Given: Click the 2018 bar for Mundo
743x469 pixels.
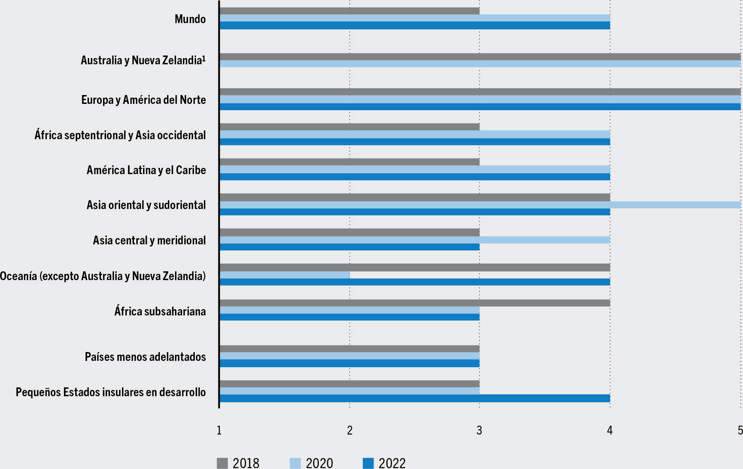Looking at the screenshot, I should click(x=349, y=11).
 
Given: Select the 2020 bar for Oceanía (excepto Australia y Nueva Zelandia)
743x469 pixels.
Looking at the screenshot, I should click(x=284, y=275).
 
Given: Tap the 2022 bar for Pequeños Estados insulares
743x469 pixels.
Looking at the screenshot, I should click(x=414, y=398).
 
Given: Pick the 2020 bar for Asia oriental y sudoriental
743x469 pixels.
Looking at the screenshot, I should click(x=480, y=205).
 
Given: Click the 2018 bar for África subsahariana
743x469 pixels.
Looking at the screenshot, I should click(x=414, y=303).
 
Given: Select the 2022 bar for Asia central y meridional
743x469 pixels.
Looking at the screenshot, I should click(x=349, y=247).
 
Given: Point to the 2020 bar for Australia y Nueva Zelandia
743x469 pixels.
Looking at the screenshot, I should click(x=480, y=64).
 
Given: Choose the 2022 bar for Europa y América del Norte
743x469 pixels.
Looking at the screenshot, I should click(x=480, y=107).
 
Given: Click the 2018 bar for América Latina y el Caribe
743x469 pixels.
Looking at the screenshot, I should click(x=349, y=162).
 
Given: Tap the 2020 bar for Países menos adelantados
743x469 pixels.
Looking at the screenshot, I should click(x=349, y=356).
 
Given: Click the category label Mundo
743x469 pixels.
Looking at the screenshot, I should click(x=190, y=19).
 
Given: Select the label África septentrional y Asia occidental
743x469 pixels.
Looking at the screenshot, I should click(x=120, y=135).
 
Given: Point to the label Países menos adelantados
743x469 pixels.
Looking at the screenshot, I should click(x=145, y=357).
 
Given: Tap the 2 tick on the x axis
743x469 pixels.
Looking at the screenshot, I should click(x=350, y=430).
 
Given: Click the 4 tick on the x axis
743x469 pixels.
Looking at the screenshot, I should click(x=610, y=430).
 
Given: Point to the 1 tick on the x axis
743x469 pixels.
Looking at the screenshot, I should click(x=219, y=430).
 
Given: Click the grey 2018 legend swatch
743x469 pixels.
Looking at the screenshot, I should click(x=222, y=463).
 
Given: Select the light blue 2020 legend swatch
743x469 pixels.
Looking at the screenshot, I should click(x=295, y=463).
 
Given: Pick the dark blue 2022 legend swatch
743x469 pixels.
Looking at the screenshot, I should click(x=368, y=463).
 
